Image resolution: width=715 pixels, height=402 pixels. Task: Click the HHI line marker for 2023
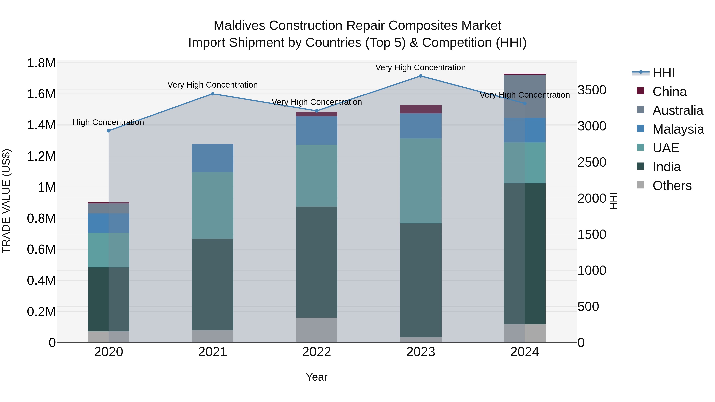420,76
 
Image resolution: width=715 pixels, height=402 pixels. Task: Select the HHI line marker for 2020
108,131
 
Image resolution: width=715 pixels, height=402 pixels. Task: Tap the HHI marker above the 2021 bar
213,94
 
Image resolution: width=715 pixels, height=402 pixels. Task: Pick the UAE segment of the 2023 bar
420,181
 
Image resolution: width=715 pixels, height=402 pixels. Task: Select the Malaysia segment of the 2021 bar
213,158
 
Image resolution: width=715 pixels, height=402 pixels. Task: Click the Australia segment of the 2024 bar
525,96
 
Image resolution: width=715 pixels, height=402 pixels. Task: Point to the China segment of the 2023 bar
420,109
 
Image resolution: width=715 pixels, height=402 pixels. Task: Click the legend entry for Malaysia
678,129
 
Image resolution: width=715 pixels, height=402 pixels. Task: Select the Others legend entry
672,186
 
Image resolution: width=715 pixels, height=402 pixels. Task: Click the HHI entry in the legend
663,73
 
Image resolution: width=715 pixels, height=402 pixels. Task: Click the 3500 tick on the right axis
592,90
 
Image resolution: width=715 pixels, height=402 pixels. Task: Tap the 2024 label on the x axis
525,352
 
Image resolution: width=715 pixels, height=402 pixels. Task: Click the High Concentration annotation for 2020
108,122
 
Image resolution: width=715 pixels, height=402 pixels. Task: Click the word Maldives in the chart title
239,26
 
